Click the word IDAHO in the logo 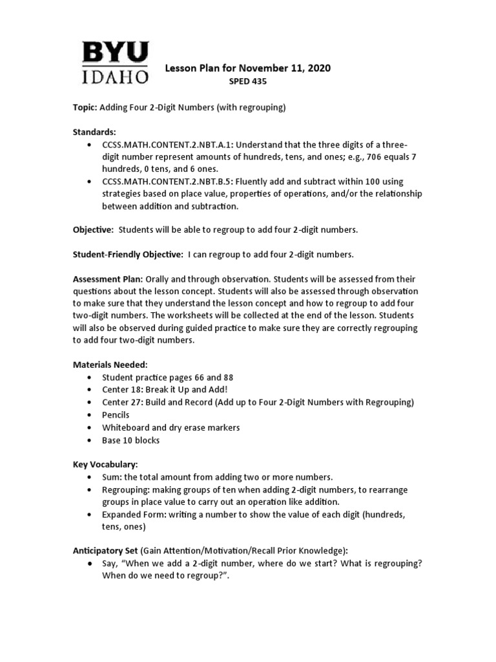(115, 76)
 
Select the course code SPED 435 (248, 81)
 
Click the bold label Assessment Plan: (108, 279)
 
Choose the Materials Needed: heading (110, 365)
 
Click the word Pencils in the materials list (116, 414)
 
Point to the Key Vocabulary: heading (105, 464)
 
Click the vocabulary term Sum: (112, 477)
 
